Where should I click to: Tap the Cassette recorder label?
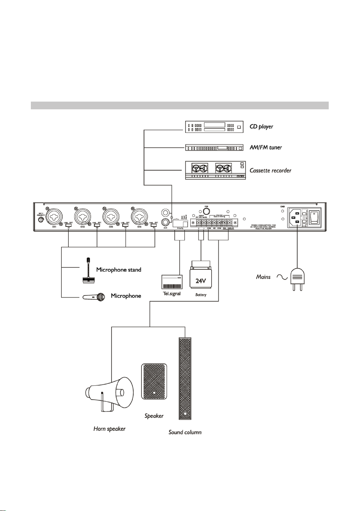pyautogui.click(x=270, y=171)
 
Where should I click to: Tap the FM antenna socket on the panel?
pyautogui.click(x=206, y=211)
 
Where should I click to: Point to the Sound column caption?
pyautogui.click(x=184, y=433)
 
